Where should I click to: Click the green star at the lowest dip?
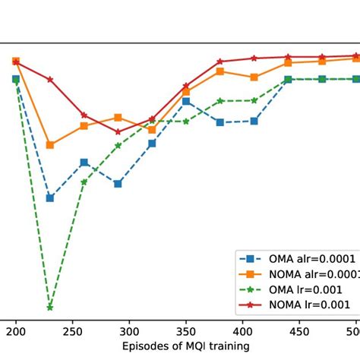[50, 307]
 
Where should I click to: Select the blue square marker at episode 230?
[50, 197]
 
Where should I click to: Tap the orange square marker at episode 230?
[50, 144]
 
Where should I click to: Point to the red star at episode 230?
[50, 79]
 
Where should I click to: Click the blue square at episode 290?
[118, 183]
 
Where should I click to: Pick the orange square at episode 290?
[118, 118]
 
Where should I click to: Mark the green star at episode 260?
[84, 182]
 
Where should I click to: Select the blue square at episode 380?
[219, 122]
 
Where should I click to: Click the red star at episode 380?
[219, 62]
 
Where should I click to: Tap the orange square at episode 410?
[254, 77]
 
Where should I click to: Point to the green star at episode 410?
[254, 99]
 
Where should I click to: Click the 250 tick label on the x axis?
[73, 332]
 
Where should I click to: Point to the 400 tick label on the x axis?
[242, 332]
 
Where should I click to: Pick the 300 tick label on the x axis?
[129, 332]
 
